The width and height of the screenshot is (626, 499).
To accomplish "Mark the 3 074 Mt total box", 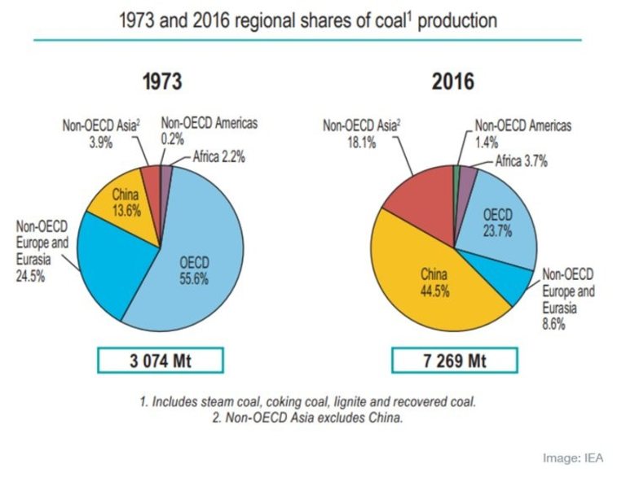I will click(x=161, y=361).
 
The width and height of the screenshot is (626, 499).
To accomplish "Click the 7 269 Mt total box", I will click(x=453, y=361).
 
